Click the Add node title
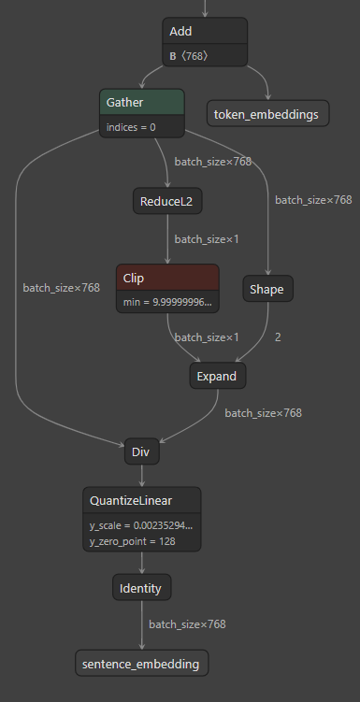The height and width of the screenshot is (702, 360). [x=204, y=32]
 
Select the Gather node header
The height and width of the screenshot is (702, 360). [x=141, y=102]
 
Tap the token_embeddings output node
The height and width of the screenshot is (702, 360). [x=267, y=114]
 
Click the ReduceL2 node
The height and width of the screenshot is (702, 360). [x=167, y=201]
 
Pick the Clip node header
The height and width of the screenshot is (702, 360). [x=167, y=278]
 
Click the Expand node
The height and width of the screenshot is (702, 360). [x=217, y=376]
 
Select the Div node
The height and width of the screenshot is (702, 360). [x=142, y=452]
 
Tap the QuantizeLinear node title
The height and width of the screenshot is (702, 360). [x=141, y=500]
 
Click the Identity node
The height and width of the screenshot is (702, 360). [x=141, y=589]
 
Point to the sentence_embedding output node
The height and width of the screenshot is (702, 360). [x=141, y=664]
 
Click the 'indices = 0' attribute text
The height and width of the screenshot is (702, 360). [x=131, y=127]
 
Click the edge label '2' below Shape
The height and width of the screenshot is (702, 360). [x=278, y=337]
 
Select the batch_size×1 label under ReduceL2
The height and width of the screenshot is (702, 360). [x=207, y=239]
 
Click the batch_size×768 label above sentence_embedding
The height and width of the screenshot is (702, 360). [x=187, y=623]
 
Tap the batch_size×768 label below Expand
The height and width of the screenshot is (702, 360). [x=263, y=412]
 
